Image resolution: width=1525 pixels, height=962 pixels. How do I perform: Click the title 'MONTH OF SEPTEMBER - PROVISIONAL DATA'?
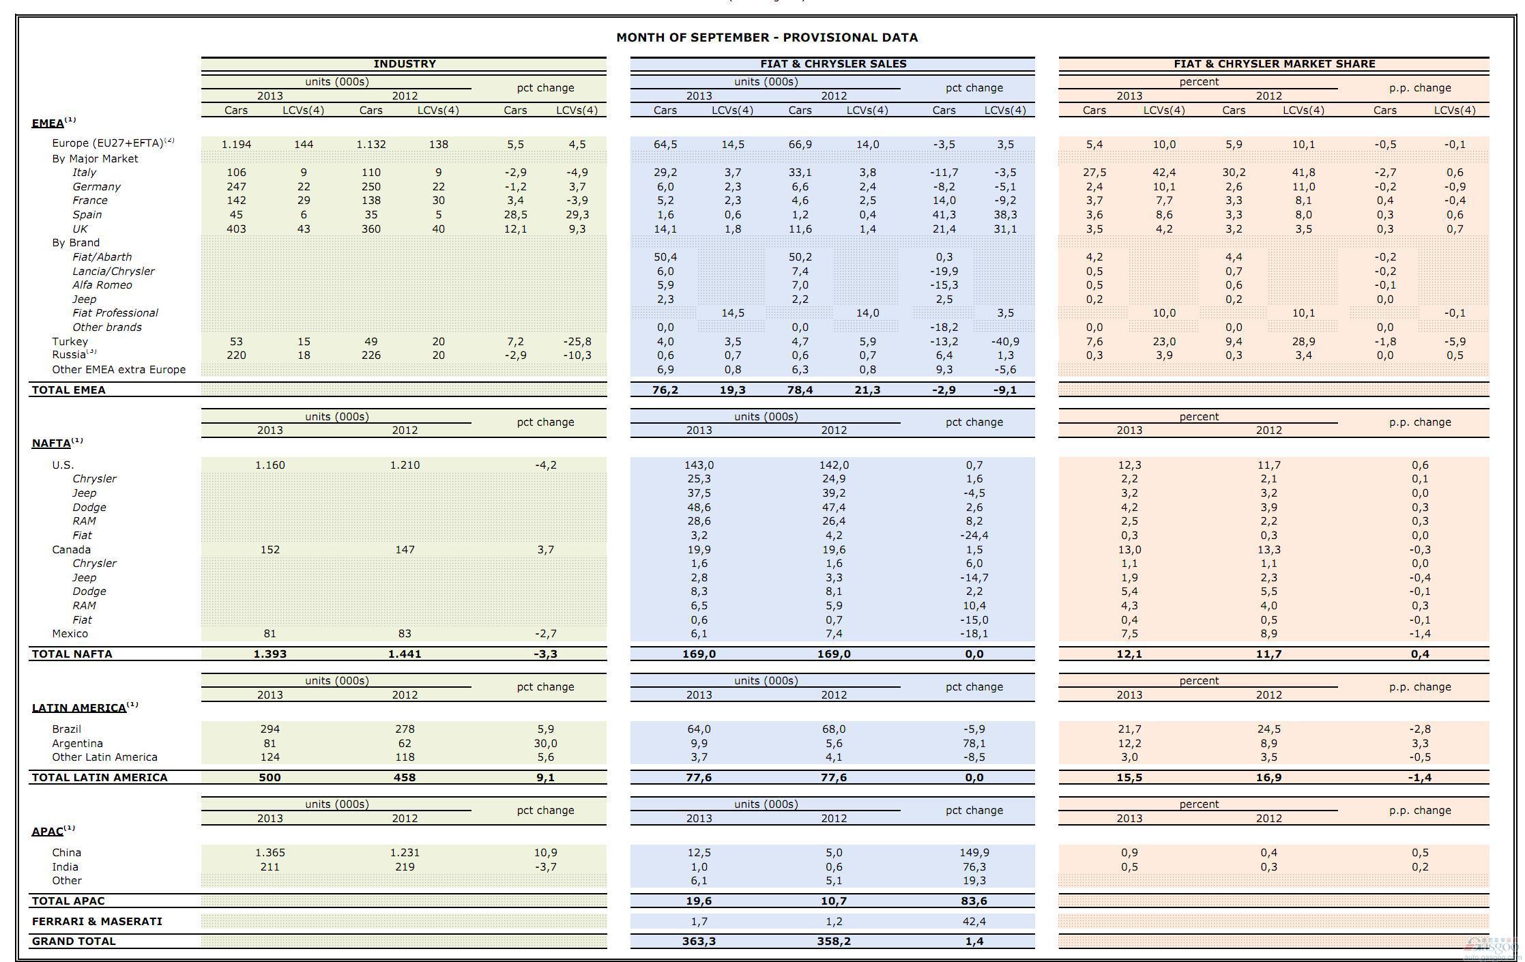tap(767, 38)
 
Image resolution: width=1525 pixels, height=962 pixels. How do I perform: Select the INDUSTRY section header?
tap(404, 63)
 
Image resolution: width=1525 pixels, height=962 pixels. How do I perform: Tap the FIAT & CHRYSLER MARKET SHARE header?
tap(1274, 63)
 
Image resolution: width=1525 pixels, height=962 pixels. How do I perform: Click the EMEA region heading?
tap(48, 123)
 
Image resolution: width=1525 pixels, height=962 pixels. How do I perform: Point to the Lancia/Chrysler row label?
tap(113, 271)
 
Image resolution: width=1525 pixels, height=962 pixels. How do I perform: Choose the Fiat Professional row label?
tap(115, 312)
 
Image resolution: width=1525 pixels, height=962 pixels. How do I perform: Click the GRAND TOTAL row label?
tap(74, 941)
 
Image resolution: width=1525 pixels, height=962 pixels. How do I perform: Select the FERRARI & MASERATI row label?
tap(97, 921)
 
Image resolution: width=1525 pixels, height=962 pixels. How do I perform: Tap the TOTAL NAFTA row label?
tap(72, 654)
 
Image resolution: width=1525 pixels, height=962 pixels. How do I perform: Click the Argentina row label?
tap(77, 744)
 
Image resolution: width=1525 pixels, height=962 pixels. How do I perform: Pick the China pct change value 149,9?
tap(974, 853)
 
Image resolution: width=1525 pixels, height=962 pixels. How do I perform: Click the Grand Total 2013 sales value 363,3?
tap(699, 942)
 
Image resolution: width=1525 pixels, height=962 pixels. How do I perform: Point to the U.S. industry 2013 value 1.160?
tap(270, 465)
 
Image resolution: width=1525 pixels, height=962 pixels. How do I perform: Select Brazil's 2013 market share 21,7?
tap(1129, 729)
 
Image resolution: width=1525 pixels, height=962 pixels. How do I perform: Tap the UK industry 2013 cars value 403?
tap(236, 229)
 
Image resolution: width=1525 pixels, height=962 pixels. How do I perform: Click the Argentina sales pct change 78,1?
tap(974, 744)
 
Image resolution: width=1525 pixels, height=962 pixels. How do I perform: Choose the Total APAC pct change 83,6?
tap(974, 901)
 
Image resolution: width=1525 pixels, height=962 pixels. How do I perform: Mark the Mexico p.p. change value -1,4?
tap(1419, 634)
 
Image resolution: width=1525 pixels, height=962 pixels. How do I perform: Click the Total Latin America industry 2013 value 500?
tap(270, 777)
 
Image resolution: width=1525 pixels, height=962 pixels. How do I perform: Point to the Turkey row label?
tap(70, 341)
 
